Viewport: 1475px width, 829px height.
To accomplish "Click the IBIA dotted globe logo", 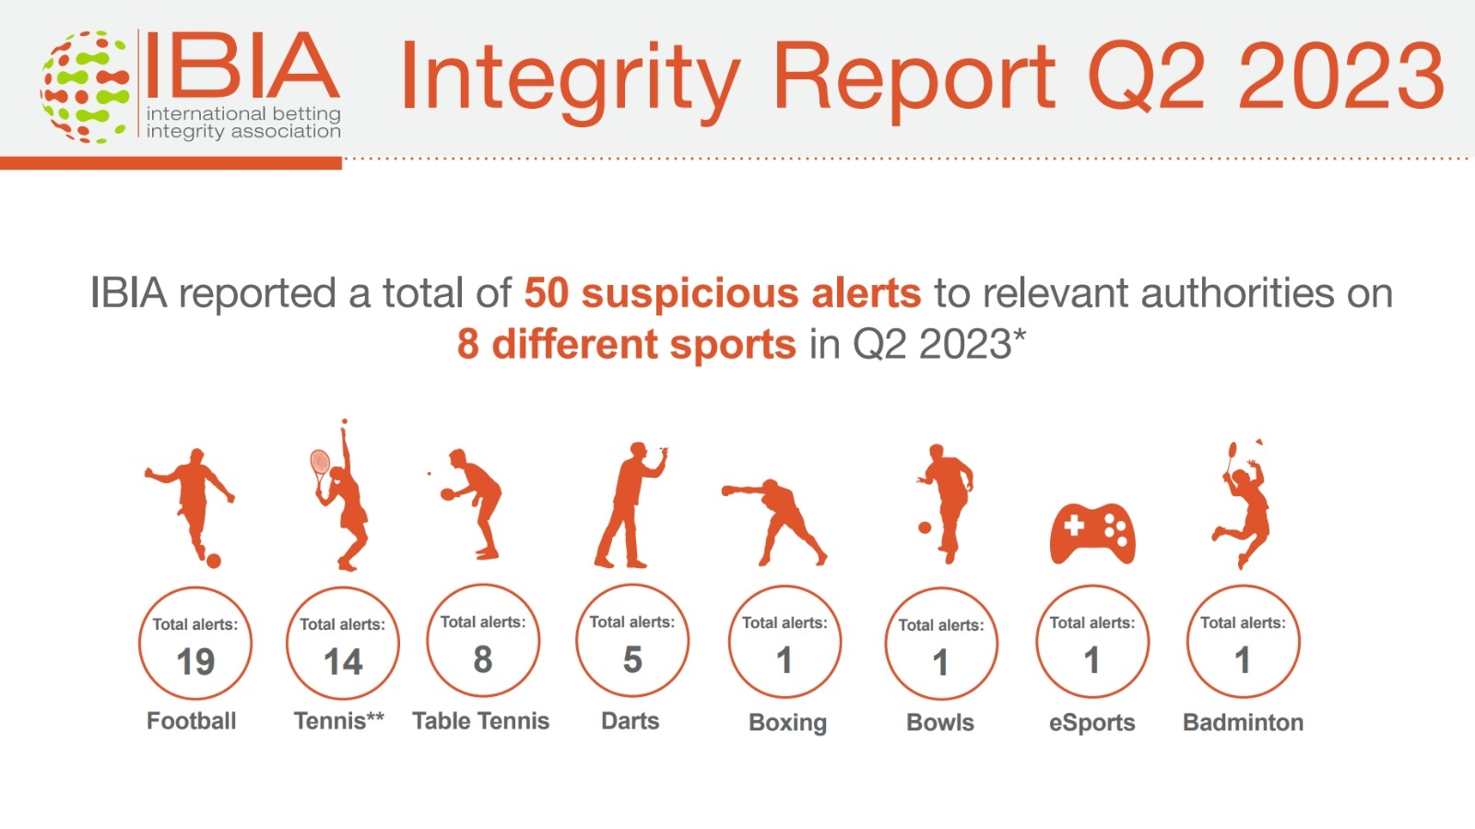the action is click(84, 87).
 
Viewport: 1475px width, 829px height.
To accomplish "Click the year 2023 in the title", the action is click(1341, 76).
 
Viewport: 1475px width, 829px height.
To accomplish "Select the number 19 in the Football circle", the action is click(195, 662).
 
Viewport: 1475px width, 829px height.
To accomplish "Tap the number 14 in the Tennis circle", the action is click(343, 662).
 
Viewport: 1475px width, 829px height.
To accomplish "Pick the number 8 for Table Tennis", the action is click(483, 659).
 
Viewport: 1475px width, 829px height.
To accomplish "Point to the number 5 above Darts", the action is click(632, 659).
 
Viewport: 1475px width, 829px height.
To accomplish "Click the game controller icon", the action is click(1092, 534).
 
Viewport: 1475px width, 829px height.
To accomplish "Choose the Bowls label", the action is click(940, 722).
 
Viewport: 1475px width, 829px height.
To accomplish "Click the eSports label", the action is click(1091, 723).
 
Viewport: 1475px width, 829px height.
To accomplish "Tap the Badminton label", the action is click(1244, 722).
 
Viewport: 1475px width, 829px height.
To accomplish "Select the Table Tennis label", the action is click(480, 721).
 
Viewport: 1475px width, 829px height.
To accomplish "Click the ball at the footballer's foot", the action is click(213, 561).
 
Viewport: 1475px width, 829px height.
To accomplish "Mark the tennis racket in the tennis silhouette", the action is click(320, 468).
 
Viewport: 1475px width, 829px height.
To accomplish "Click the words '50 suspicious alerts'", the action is click(723, 293).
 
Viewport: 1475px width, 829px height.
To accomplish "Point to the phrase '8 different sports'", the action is click(626, 344).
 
